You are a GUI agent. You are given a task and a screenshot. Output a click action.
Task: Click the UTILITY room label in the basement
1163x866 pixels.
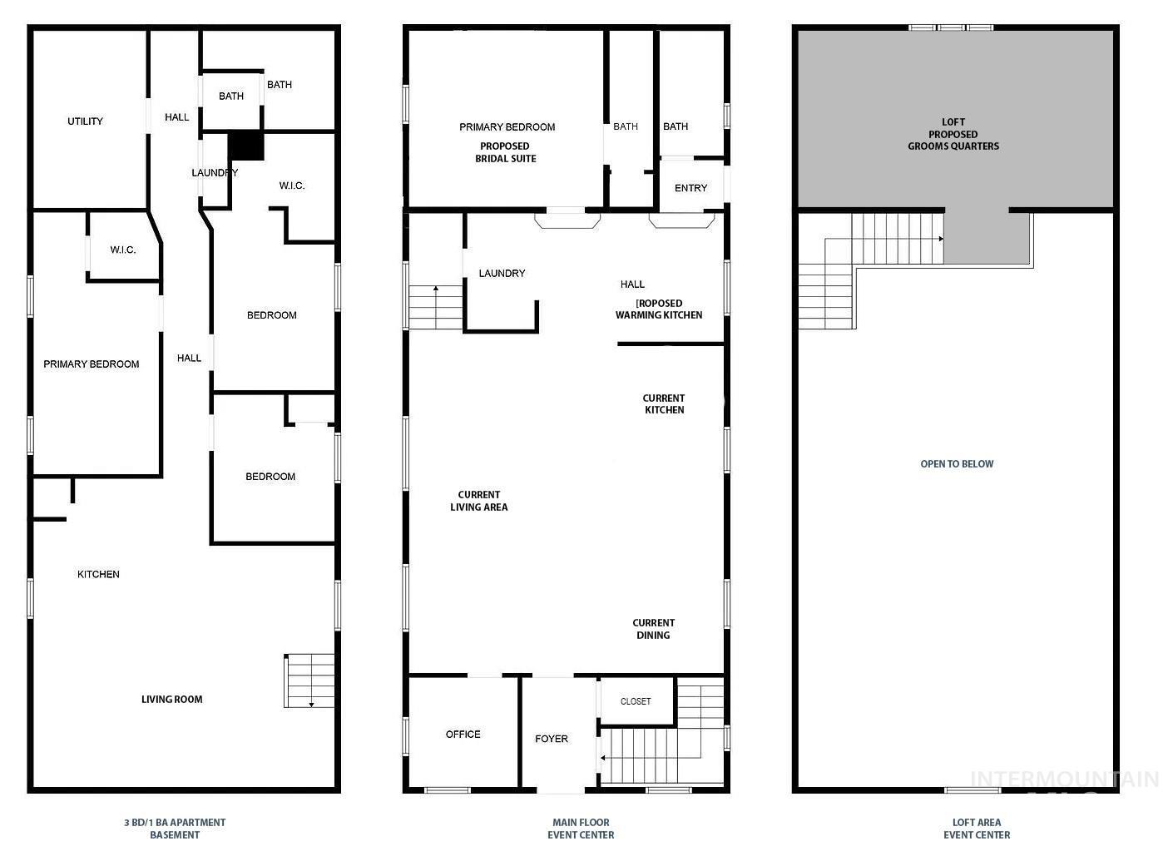[85, 121]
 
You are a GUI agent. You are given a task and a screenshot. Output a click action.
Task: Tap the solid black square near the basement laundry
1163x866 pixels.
[246, 146]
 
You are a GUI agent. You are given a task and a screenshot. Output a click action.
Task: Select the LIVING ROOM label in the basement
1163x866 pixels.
[171, 700]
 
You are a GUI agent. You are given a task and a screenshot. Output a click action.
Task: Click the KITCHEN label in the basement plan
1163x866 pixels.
[98, 575]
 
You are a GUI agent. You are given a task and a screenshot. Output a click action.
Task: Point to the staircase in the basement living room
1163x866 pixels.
[310, 680]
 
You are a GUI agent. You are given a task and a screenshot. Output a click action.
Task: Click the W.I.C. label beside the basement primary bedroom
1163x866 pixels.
[123, 250]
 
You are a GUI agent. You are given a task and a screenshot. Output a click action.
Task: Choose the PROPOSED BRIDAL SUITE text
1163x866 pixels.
[505, 152]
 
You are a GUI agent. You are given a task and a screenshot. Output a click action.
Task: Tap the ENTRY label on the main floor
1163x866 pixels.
[690, 189]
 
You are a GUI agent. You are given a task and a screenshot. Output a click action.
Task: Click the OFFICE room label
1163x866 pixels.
[463, 735]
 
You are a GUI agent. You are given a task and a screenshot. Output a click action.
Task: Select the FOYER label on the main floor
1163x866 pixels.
[552, 739]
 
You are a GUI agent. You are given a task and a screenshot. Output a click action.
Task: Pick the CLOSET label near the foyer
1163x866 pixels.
[636, 702]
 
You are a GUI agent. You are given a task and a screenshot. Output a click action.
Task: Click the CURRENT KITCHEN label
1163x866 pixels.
[664, 404]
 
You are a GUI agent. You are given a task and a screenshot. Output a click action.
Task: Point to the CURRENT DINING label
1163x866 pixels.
[653, 629]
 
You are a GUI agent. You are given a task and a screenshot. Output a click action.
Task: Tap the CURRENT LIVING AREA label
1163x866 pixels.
[479, 501]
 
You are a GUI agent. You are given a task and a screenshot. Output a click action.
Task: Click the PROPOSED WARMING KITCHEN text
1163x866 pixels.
[659, 309]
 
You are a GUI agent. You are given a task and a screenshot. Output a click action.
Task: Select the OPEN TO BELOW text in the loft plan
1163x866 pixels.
[957, 464]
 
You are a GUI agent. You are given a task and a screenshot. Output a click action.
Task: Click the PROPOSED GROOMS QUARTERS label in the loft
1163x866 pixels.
[953, 140]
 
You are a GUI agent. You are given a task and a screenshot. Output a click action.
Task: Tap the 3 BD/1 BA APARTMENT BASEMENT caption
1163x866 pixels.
[175, 829]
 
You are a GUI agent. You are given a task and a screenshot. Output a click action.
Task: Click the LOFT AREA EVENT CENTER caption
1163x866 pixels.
[977, 829]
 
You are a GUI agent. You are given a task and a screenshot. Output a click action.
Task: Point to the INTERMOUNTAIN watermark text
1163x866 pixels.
[1064, 779]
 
